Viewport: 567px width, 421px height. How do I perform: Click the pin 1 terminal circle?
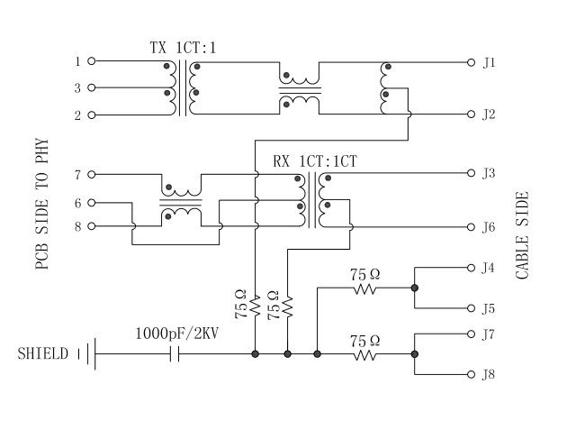[91, 61]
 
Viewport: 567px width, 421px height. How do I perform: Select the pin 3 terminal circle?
[91, 88]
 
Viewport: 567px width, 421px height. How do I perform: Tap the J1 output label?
[489, 62]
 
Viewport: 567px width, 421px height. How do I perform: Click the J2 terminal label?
[489, 114]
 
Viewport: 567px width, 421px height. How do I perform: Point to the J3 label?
[489, 172]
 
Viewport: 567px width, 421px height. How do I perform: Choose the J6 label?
[489, 227]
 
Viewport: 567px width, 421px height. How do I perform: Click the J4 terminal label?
[489, 268]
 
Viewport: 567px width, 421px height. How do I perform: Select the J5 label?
[489, 308]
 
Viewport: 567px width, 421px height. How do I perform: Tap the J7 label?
[489, 334]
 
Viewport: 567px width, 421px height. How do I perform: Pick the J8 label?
[489, 373]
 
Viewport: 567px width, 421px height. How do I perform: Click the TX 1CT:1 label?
[183, 46]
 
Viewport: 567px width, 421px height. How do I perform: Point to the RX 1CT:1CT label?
[315, 161]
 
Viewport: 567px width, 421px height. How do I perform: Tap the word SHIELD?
[42, 354]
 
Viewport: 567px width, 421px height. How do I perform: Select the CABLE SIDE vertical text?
[523, 235]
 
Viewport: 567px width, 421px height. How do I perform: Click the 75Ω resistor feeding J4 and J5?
[364, 289]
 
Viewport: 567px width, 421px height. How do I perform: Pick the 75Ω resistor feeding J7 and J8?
[364, 354]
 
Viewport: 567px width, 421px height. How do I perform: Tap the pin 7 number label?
[78, 174]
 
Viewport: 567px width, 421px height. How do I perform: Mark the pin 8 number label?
[78, 226]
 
